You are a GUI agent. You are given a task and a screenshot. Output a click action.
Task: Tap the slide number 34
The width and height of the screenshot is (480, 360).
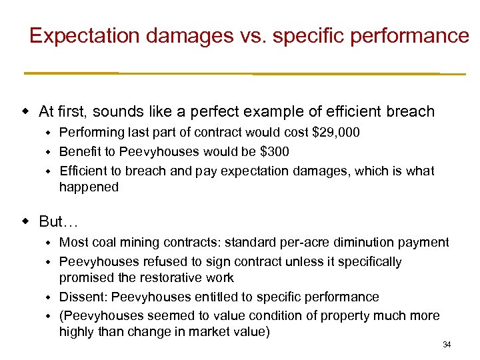pyautogui.click(x=447, y=345)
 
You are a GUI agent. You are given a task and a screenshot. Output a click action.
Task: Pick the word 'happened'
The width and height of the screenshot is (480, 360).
pyautogui.click(x=89, y=187)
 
